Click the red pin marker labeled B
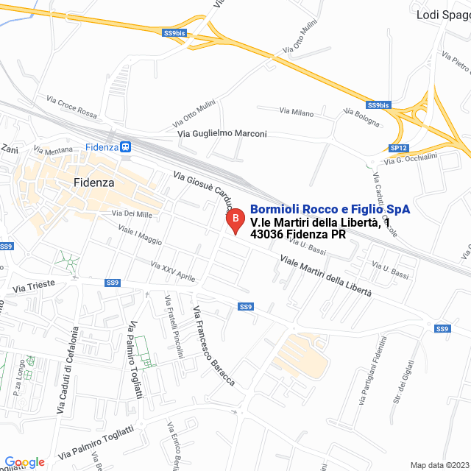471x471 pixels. (235, 220)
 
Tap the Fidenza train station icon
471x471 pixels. (126, 146)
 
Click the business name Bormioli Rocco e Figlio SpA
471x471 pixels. (330, 210)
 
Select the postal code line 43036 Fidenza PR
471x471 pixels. (298, 235)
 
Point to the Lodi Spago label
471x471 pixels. (442, 14)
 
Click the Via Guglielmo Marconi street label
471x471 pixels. (222, 134)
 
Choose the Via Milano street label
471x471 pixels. (296, 112)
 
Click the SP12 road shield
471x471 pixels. (398, 148)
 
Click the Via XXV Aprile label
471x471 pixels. (173, 272)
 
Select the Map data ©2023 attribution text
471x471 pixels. (439, 465)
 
